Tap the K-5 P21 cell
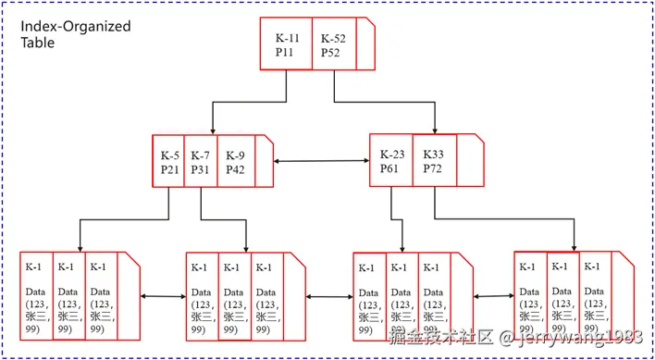[x=169, y=162]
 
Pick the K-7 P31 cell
[x=201, y=162]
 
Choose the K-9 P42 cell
[x=235, y=162]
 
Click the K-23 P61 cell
[x=390, y=162]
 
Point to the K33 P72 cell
[x=433, y=162]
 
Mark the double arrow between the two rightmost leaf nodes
[x=493, y=297]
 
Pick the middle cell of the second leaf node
[x=234, y=296]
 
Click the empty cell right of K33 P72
[x=470, y=162]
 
